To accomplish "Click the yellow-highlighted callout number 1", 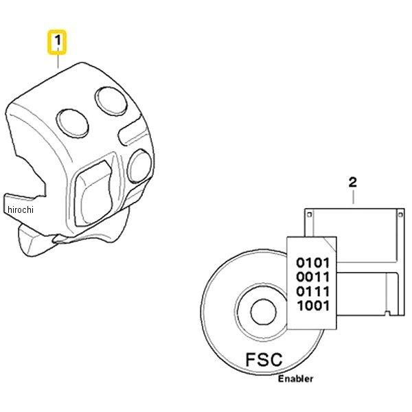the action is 57,42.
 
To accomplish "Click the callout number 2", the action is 353,183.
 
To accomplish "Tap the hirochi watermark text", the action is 21,209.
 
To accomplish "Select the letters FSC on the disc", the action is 264,359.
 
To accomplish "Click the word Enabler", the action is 295,378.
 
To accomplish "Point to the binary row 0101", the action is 312,262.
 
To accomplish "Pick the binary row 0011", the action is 312,277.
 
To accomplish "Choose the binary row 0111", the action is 312,291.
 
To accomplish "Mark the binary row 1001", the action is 313,306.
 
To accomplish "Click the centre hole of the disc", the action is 264,312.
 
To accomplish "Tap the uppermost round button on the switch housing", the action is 111,101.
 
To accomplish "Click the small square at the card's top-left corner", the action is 310,214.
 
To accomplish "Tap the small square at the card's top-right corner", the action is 400,214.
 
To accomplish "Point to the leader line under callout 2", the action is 353,197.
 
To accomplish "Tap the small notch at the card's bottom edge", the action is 387,312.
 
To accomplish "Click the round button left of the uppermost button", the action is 72,124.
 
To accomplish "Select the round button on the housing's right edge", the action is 140,166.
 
